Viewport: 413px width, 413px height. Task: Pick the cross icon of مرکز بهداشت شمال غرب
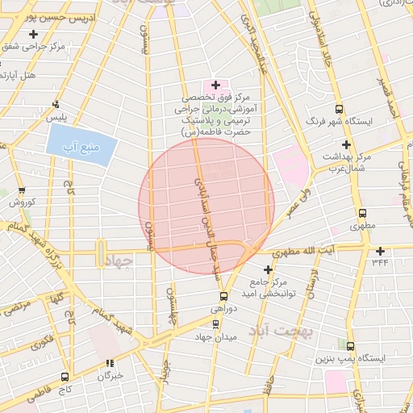[x=346, y=144]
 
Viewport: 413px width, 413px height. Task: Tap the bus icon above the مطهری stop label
[x=362, y=214]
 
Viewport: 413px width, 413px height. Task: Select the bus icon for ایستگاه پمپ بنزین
[x=349, y=344]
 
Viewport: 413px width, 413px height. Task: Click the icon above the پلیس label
[x=56, y=104]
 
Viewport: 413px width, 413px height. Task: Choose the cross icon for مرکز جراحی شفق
[x=33, y=35]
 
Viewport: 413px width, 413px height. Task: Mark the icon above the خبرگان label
[x=109, y=364]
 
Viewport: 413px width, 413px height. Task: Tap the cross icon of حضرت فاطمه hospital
[x=215, y=84]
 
